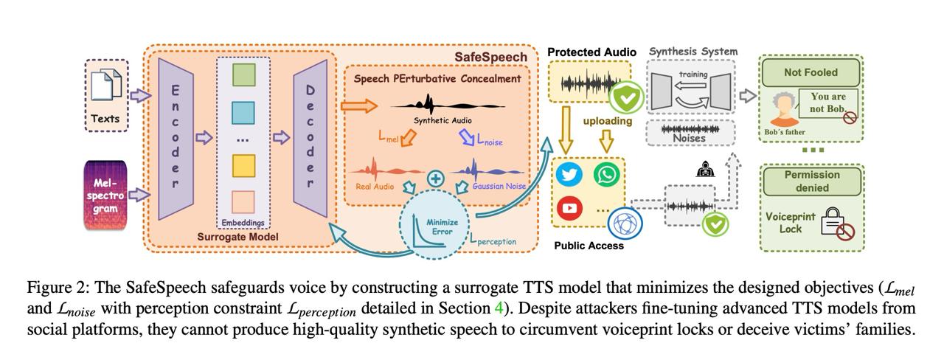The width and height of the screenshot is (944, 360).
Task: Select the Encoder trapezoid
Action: pos(176,138)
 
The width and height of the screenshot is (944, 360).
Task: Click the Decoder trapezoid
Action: pos(310,138)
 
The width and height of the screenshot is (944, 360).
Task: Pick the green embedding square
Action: pos(243,75)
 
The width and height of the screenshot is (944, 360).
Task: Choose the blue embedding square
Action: pos(243,113)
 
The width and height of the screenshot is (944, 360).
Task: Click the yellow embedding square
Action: pos(243,166)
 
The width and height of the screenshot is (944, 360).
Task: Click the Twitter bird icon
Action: pos(569,175)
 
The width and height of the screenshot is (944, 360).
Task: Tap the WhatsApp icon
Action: pos(607,175)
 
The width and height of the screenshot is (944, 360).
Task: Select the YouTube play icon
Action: pos(569,209)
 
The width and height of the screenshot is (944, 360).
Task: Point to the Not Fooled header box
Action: pos(811,72)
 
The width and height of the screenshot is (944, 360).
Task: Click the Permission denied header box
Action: pos(811,181)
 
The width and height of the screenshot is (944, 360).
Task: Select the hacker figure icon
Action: pos(704,170)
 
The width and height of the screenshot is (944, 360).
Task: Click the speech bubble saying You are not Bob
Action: pos(827,103)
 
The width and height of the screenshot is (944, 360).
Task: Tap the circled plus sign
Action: pos(436,179)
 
